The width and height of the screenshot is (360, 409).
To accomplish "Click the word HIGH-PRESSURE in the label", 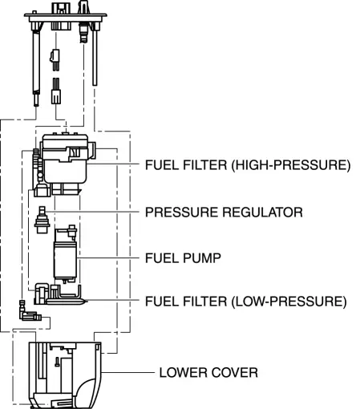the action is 291,165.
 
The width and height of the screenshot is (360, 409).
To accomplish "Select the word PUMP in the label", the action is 202,258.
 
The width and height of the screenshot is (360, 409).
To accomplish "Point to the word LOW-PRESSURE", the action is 289,302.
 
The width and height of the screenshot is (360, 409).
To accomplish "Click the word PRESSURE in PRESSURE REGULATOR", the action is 181,213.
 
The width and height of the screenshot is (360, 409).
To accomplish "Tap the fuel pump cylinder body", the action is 65,260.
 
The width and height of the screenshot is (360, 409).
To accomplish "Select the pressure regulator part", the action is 42,220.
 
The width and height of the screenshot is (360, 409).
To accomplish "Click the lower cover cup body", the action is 65,375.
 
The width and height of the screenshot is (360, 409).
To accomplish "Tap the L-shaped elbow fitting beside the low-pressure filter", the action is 27,313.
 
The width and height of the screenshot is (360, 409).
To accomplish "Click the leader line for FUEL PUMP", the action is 108,258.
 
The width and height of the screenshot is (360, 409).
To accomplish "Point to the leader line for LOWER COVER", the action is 128,372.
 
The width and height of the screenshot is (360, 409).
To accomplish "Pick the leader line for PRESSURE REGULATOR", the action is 92,212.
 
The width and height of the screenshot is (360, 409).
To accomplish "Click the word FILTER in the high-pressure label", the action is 205,165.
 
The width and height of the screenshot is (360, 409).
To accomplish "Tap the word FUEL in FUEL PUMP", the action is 162,258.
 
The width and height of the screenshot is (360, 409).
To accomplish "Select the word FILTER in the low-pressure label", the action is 205,302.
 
